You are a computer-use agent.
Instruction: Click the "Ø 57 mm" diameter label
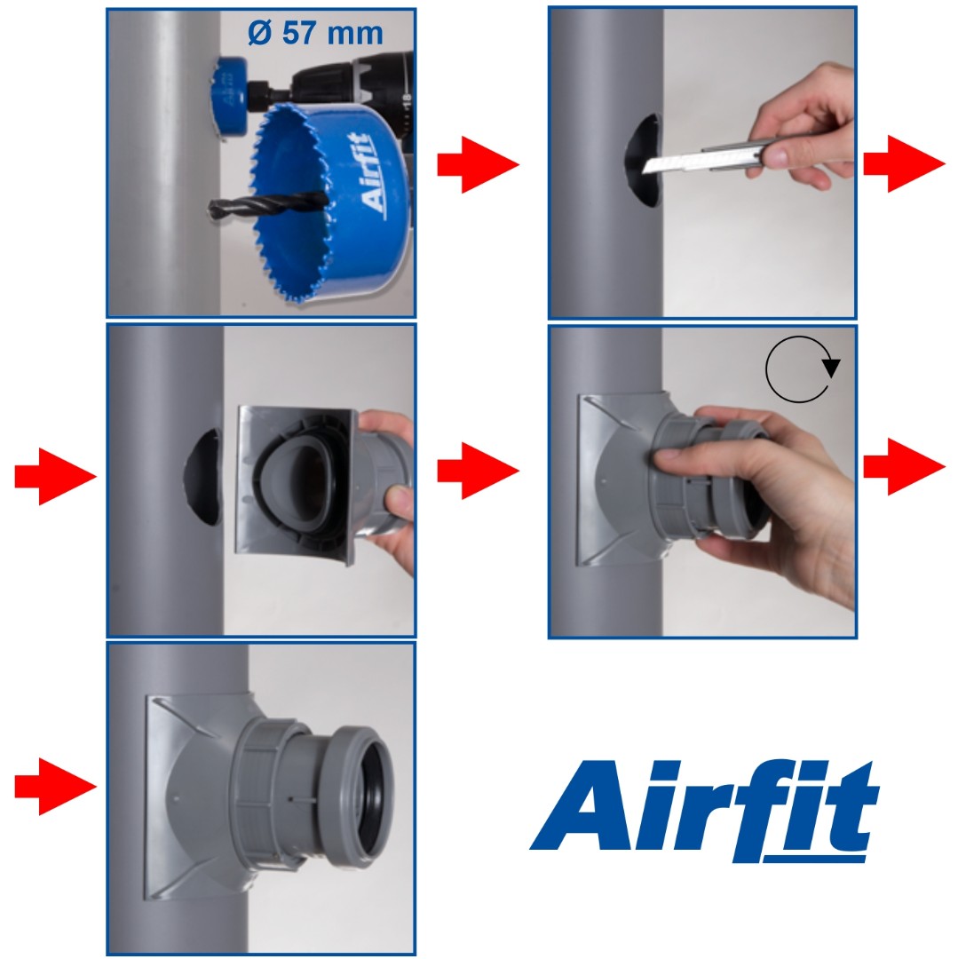click(x=315, y=33)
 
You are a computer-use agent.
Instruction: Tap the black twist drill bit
click(x=268, y=204)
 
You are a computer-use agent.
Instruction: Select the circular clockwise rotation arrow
click(x=802, y=369)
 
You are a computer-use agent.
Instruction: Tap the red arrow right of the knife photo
click(x=904, y=164)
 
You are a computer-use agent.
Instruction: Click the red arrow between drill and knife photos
click(x=478, y=164)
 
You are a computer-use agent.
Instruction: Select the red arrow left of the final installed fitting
click(x=56, y=786)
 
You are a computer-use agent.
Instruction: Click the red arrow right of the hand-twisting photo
click(x=904, y=467)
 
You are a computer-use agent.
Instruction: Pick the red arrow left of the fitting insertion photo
click(x=56, y=477)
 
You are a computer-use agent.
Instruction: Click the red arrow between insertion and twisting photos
click(x=478, y=471)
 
